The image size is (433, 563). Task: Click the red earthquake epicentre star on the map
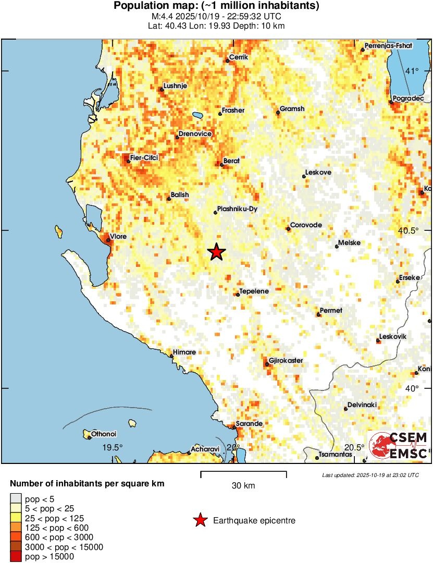pos(217,252)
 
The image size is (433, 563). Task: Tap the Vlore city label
pos(118,237)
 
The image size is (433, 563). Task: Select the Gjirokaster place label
pos(286,361)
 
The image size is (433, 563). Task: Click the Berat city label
pos(231,161)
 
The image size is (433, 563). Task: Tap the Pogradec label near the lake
pos(409,98)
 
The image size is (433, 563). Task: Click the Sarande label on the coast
pos(249,424)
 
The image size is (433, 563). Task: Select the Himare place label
pos(184,352)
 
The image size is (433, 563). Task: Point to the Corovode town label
pos(306,225)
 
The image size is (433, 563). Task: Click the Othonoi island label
pos(104,434)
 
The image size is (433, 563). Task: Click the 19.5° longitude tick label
pos(112,447)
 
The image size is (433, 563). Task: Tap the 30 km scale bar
pos(243,473)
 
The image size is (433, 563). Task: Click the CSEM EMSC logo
pos(399,446)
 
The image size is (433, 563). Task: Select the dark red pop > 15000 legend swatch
pos(16,557)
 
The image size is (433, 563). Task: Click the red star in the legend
pos(200,520)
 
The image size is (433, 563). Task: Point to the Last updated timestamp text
pos(370,475)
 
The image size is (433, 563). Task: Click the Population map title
pos(216,6)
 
